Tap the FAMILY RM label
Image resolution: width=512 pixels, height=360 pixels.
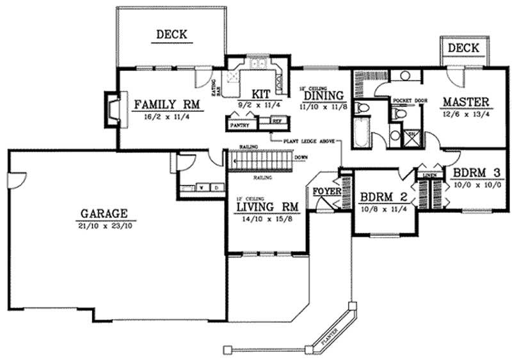168,104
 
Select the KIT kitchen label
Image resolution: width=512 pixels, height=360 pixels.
260,93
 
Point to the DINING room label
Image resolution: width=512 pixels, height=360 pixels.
323,95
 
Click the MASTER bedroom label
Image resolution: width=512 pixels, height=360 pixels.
466,102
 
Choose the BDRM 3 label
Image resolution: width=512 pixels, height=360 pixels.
476,172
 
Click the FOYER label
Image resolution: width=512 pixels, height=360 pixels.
325,191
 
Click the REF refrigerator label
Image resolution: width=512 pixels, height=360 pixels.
276,120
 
